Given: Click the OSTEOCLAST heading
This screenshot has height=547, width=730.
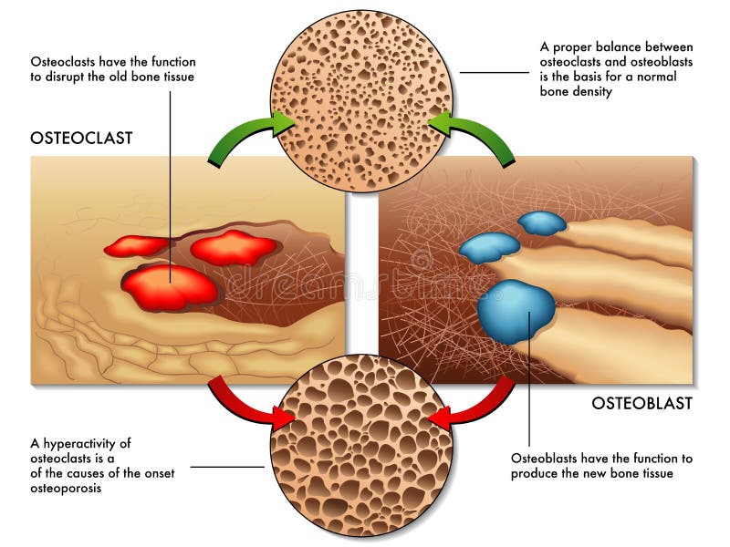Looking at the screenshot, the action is [x=81, y=139].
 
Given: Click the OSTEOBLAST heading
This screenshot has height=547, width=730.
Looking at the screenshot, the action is [x=642, y=403].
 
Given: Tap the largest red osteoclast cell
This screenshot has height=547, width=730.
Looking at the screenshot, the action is [x=171, y=288].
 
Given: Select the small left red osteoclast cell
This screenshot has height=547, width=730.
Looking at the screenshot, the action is [x=139, y=245].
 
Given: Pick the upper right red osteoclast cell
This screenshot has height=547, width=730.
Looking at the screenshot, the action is [x=235, y=247].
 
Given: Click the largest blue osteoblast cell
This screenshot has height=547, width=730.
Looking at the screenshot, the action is [x=516, y=311].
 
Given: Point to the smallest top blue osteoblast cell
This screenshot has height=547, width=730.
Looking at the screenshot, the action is [x=542, y=222].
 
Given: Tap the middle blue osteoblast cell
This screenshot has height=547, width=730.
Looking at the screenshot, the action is [x=490, y=247].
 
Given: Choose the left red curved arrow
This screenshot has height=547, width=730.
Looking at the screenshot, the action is [x=245, y=406].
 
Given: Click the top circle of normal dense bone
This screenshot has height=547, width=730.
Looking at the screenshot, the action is [x=361, y=101].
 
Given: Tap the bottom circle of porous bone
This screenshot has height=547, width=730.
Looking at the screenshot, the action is [x=361, y=445].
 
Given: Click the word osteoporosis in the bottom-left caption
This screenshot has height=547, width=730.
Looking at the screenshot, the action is [x=66, y=489].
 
